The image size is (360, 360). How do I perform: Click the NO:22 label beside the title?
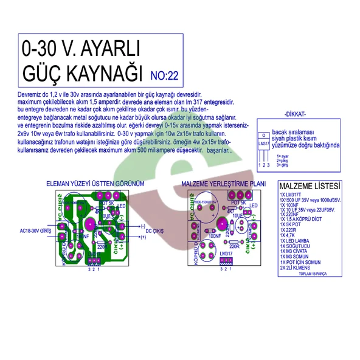[x=164, y=77]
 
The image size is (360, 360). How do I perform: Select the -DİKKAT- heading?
[x=295, y=114]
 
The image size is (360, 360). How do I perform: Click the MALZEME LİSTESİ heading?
[x=310, y=185]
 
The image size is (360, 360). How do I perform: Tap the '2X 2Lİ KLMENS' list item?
[x=299, y=268]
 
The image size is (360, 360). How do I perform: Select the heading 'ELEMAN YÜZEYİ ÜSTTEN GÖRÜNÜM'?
[x=95, y=183]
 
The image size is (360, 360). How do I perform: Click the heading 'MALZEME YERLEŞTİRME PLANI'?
[x=223, y=183]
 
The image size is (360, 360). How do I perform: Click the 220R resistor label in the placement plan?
[x=231, y=249]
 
